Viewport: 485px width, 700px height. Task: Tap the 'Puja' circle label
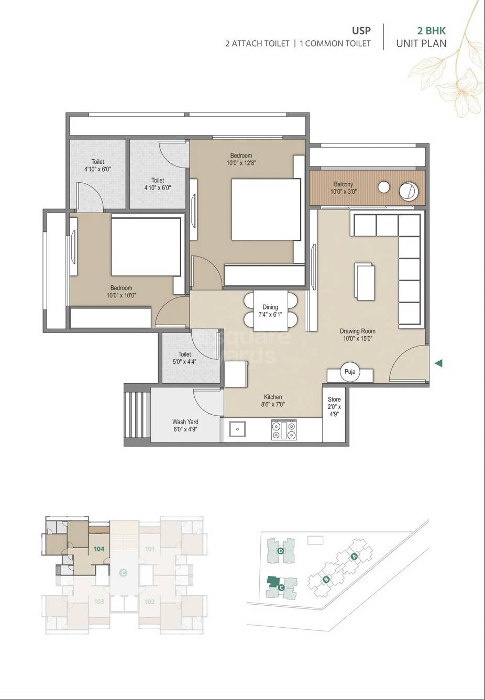pos(350,372)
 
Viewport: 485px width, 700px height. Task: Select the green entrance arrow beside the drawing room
pos(439,363)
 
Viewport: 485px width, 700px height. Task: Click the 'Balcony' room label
pos(343,184)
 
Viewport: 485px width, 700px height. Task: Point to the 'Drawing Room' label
pos(357,331)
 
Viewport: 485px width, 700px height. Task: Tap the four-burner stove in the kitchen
pos(283,430)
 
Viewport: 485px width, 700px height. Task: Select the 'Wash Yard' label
pos(185,421)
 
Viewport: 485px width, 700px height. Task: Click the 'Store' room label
pos(334,399)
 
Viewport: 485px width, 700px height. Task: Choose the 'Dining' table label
pos(270,307)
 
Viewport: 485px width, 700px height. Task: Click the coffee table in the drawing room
pos(365,282)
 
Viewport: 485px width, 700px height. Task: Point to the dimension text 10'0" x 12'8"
pos(241,163)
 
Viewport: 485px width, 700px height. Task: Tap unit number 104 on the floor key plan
pos(98,549)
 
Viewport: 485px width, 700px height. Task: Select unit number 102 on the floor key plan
pos(150,602)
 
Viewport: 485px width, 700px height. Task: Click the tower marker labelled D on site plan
pos(281,551)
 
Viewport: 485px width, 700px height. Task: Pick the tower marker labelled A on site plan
pos(354,556)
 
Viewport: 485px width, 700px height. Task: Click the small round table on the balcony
pos(384,187)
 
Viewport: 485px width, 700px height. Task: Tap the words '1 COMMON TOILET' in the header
pos(335,43)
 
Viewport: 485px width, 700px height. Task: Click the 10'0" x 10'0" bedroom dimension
pos(121,295)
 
